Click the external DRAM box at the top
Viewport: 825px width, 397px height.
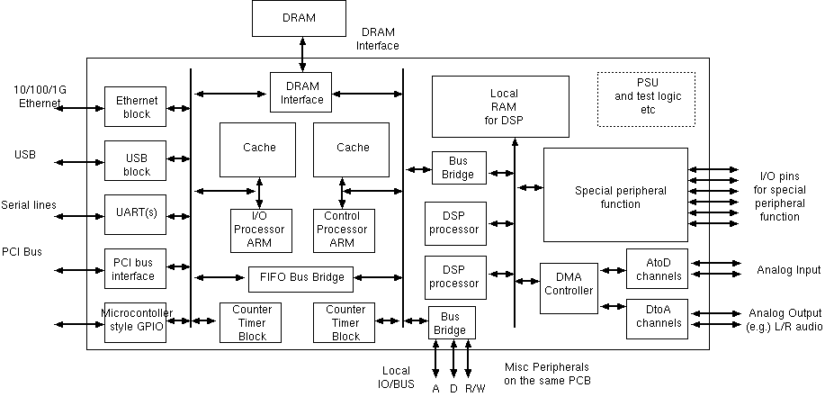299,18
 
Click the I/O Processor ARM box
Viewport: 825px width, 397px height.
258,230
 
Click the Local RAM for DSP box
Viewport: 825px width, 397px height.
500,106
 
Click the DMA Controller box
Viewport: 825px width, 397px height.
569,287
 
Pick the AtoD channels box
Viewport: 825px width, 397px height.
657,269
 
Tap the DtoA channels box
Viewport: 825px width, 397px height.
657,319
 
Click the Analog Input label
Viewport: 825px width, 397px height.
789,270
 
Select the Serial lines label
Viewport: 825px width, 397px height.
29,205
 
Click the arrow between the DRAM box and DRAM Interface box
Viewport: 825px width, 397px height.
302,54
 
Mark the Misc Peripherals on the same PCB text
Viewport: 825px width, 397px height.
547,373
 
